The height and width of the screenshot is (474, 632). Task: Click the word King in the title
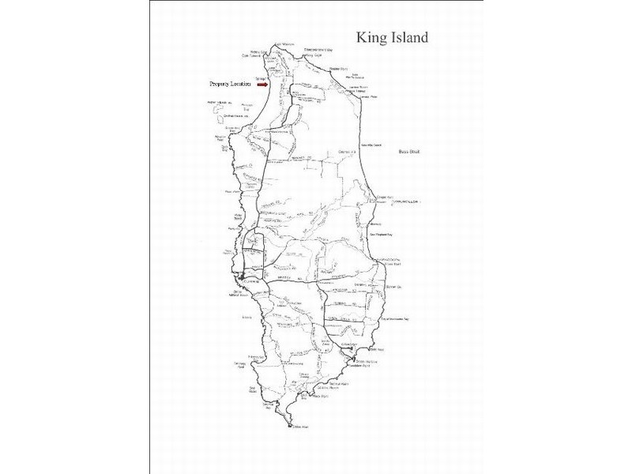[x=373, y=37]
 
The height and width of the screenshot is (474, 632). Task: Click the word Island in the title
[x=412, y=37]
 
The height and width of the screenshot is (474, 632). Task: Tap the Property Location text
[x=230, y=84]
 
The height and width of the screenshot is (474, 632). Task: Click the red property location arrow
[x=263, y=84]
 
